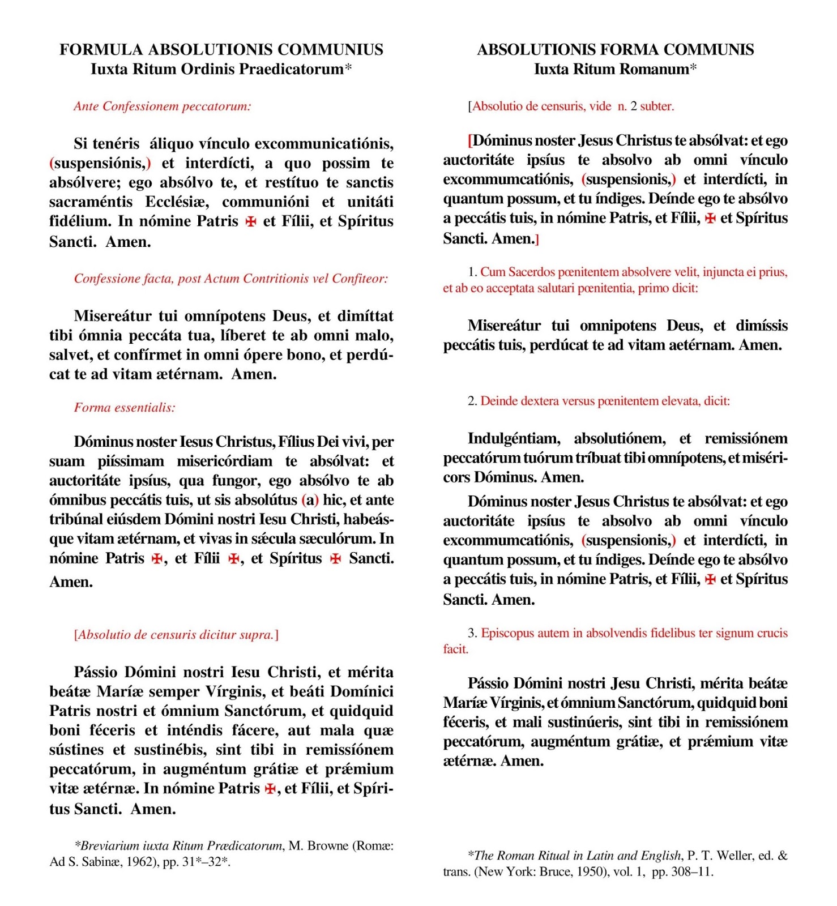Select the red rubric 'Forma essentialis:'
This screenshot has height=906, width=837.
pyautogui.click(x=125, y=408)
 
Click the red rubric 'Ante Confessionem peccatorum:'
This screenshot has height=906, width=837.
pyautogui.click(x=162, y=106)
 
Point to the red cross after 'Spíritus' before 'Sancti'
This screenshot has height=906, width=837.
pyautogui.click(x=336, y=559)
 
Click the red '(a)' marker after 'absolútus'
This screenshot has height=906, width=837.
pyautogui.click(x=310, y=500)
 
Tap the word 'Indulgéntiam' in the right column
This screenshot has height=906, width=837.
pyautogui.click(x=514, y=439)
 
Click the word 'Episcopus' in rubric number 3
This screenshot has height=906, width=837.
pyautogui.click(x=507, y=633)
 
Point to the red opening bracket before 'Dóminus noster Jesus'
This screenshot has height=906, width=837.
pyautogui.click(x=470, y=140)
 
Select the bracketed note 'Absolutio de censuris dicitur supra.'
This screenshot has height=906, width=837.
pyautogui.click(x=176, y=635)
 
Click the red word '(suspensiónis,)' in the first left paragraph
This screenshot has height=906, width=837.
pyautogui.click(x=100, y=164)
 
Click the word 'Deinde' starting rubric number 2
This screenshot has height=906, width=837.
pyautogui.click(x=498, y=401)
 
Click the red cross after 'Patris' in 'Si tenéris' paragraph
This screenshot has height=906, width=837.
pyautogui.click(x=250, y=222)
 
